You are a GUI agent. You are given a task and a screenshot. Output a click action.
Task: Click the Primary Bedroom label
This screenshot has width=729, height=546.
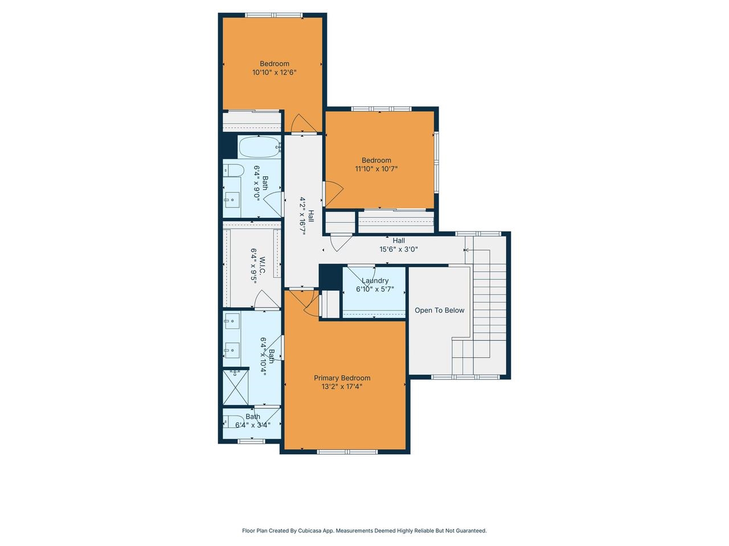pyautogui.click(x=342, y=378)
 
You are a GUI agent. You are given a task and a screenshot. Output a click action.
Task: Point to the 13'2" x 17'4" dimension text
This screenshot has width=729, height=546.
pyautogui.click(x=342, y=386)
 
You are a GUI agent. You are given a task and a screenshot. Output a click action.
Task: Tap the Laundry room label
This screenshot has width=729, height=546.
pyautogui.click(x=375, y=280)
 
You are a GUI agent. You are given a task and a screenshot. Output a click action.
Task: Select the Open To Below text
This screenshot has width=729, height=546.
pyautogui.click(x=439, y=310)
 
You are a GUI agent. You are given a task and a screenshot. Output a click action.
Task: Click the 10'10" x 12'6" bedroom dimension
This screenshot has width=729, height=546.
pyautogui.click(x=275, y=72)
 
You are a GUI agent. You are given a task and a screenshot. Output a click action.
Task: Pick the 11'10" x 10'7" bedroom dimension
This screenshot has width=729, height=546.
pyautogui.click(x=376, y=168)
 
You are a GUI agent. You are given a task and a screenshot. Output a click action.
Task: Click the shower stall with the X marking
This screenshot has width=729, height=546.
pyautogui.click(x=235, y=386)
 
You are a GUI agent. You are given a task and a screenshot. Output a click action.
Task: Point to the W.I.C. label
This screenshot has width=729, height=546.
pyautogui.click(x=263, y=267)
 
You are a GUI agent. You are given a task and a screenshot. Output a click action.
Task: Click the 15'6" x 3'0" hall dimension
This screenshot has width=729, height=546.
pyautogui.click(x=399, y=249)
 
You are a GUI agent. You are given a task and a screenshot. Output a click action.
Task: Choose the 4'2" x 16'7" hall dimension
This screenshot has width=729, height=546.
pyautogui.click(x=304, y=216)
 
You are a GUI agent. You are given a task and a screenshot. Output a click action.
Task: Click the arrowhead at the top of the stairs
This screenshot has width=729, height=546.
pyautogui.click(x=466, y=250)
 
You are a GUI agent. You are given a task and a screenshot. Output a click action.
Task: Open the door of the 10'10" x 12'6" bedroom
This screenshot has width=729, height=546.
pyautogui.click(x=301, y=123)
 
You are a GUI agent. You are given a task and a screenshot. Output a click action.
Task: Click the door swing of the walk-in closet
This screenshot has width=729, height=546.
pyautogui.click(x=264, y=299)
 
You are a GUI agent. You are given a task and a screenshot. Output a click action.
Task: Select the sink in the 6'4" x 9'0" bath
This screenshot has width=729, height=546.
pyautogui.click(x=232, y=198)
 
